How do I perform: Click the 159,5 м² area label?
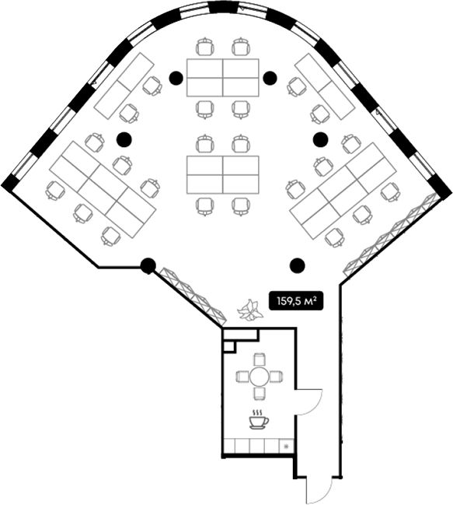pos(295,301)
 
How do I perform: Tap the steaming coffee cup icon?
pos(259,419)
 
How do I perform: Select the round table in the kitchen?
pos(260,377)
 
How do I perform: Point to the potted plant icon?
pos(249,310)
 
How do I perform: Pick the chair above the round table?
pos(260,359)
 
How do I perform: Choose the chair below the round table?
pos(260,394)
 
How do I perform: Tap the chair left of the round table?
pos(242,377)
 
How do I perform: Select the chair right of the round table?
pos(277,377)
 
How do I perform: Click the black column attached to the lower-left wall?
pos(148,265)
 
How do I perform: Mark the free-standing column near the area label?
pos(297,265)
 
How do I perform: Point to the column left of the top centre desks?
pos(176,78)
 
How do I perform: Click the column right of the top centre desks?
pos(270,78)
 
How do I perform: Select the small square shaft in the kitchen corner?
pos(229,346)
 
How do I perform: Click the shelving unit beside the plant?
pos(192,296)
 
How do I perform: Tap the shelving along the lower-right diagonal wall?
pos(392,235)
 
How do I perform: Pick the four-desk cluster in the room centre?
pos(223,175)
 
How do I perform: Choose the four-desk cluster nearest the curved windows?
pos(223,78)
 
